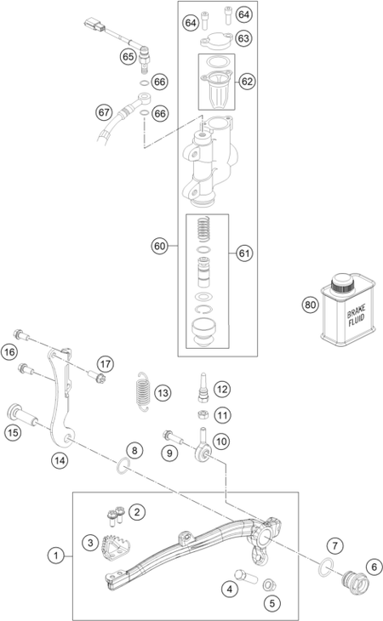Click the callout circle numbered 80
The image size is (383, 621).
(x=310, y=305)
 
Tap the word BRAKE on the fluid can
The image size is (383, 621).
(x=356, y=310)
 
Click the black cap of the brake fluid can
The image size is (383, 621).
(x=342, y=282)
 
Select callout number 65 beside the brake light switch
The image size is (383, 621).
(x=128, y=57)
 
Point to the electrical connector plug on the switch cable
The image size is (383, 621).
(x=94, y=26)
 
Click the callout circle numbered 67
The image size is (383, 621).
(x=104, y=113)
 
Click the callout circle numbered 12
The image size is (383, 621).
(x=222, y=390)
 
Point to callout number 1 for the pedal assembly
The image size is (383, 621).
(x=55, y=555)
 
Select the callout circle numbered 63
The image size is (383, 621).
(x=243, y=38)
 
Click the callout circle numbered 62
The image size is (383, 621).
(x=247, y=81)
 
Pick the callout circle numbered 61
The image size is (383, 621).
(x=244, y=253)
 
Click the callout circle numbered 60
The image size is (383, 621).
(x=159, y=246)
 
